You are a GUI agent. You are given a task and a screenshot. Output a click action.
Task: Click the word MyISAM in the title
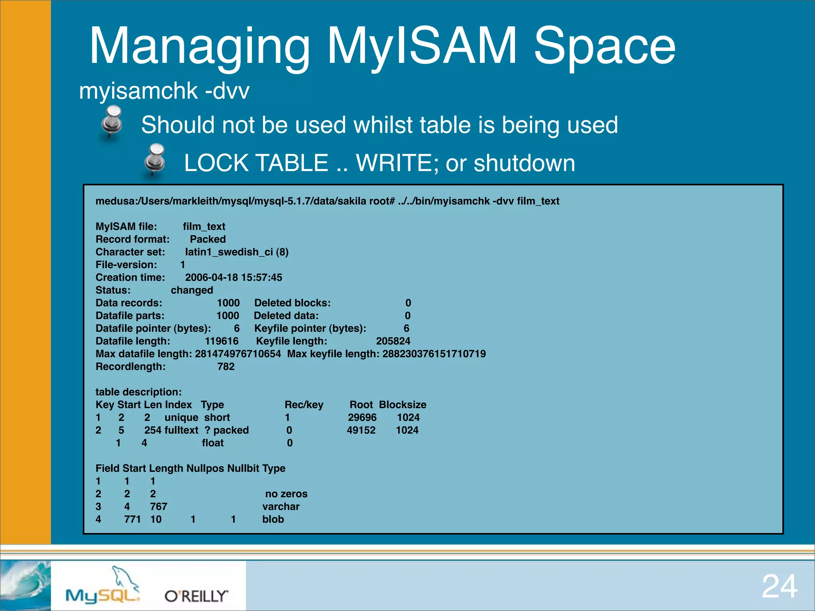coord(422,46)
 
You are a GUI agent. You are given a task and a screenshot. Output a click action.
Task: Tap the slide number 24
coord(779,586)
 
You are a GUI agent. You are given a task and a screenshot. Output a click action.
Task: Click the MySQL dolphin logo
coord(103,587)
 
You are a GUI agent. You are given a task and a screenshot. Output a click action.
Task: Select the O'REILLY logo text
coord(196,596)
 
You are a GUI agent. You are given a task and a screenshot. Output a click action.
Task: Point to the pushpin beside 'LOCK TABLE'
coord(155,160)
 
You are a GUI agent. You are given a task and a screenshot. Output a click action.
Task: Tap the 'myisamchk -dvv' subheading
coord(164,91)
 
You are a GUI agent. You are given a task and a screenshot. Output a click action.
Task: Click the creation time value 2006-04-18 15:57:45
coord(234,277)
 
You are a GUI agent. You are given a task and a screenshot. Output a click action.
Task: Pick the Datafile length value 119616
coord(222,341)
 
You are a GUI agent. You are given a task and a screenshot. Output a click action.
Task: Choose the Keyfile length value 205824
coord(393,341)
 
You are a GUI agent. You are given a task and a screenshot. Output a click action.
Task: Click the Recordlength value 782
coord(226,366)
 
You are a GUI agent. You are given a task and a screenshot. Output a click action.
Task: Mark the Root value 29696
coord(362,417)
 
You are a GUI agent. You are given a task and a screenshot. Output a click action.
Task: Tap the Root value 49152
coord(361,430)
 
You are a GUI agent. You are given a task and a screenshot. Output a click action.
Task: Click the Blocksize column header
coord(402,405)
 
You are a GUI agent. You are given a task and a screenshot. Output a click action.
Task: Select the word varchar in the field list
coord(281,506)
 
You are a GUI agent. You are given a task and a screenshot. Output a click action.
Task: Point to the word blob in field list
coord(273,519)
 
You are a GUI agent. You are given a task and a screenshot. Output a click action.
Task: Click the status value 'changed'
coord(192,290)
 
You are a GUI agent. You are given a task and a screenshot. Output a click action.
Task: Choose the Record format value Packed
coord(208,239)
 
